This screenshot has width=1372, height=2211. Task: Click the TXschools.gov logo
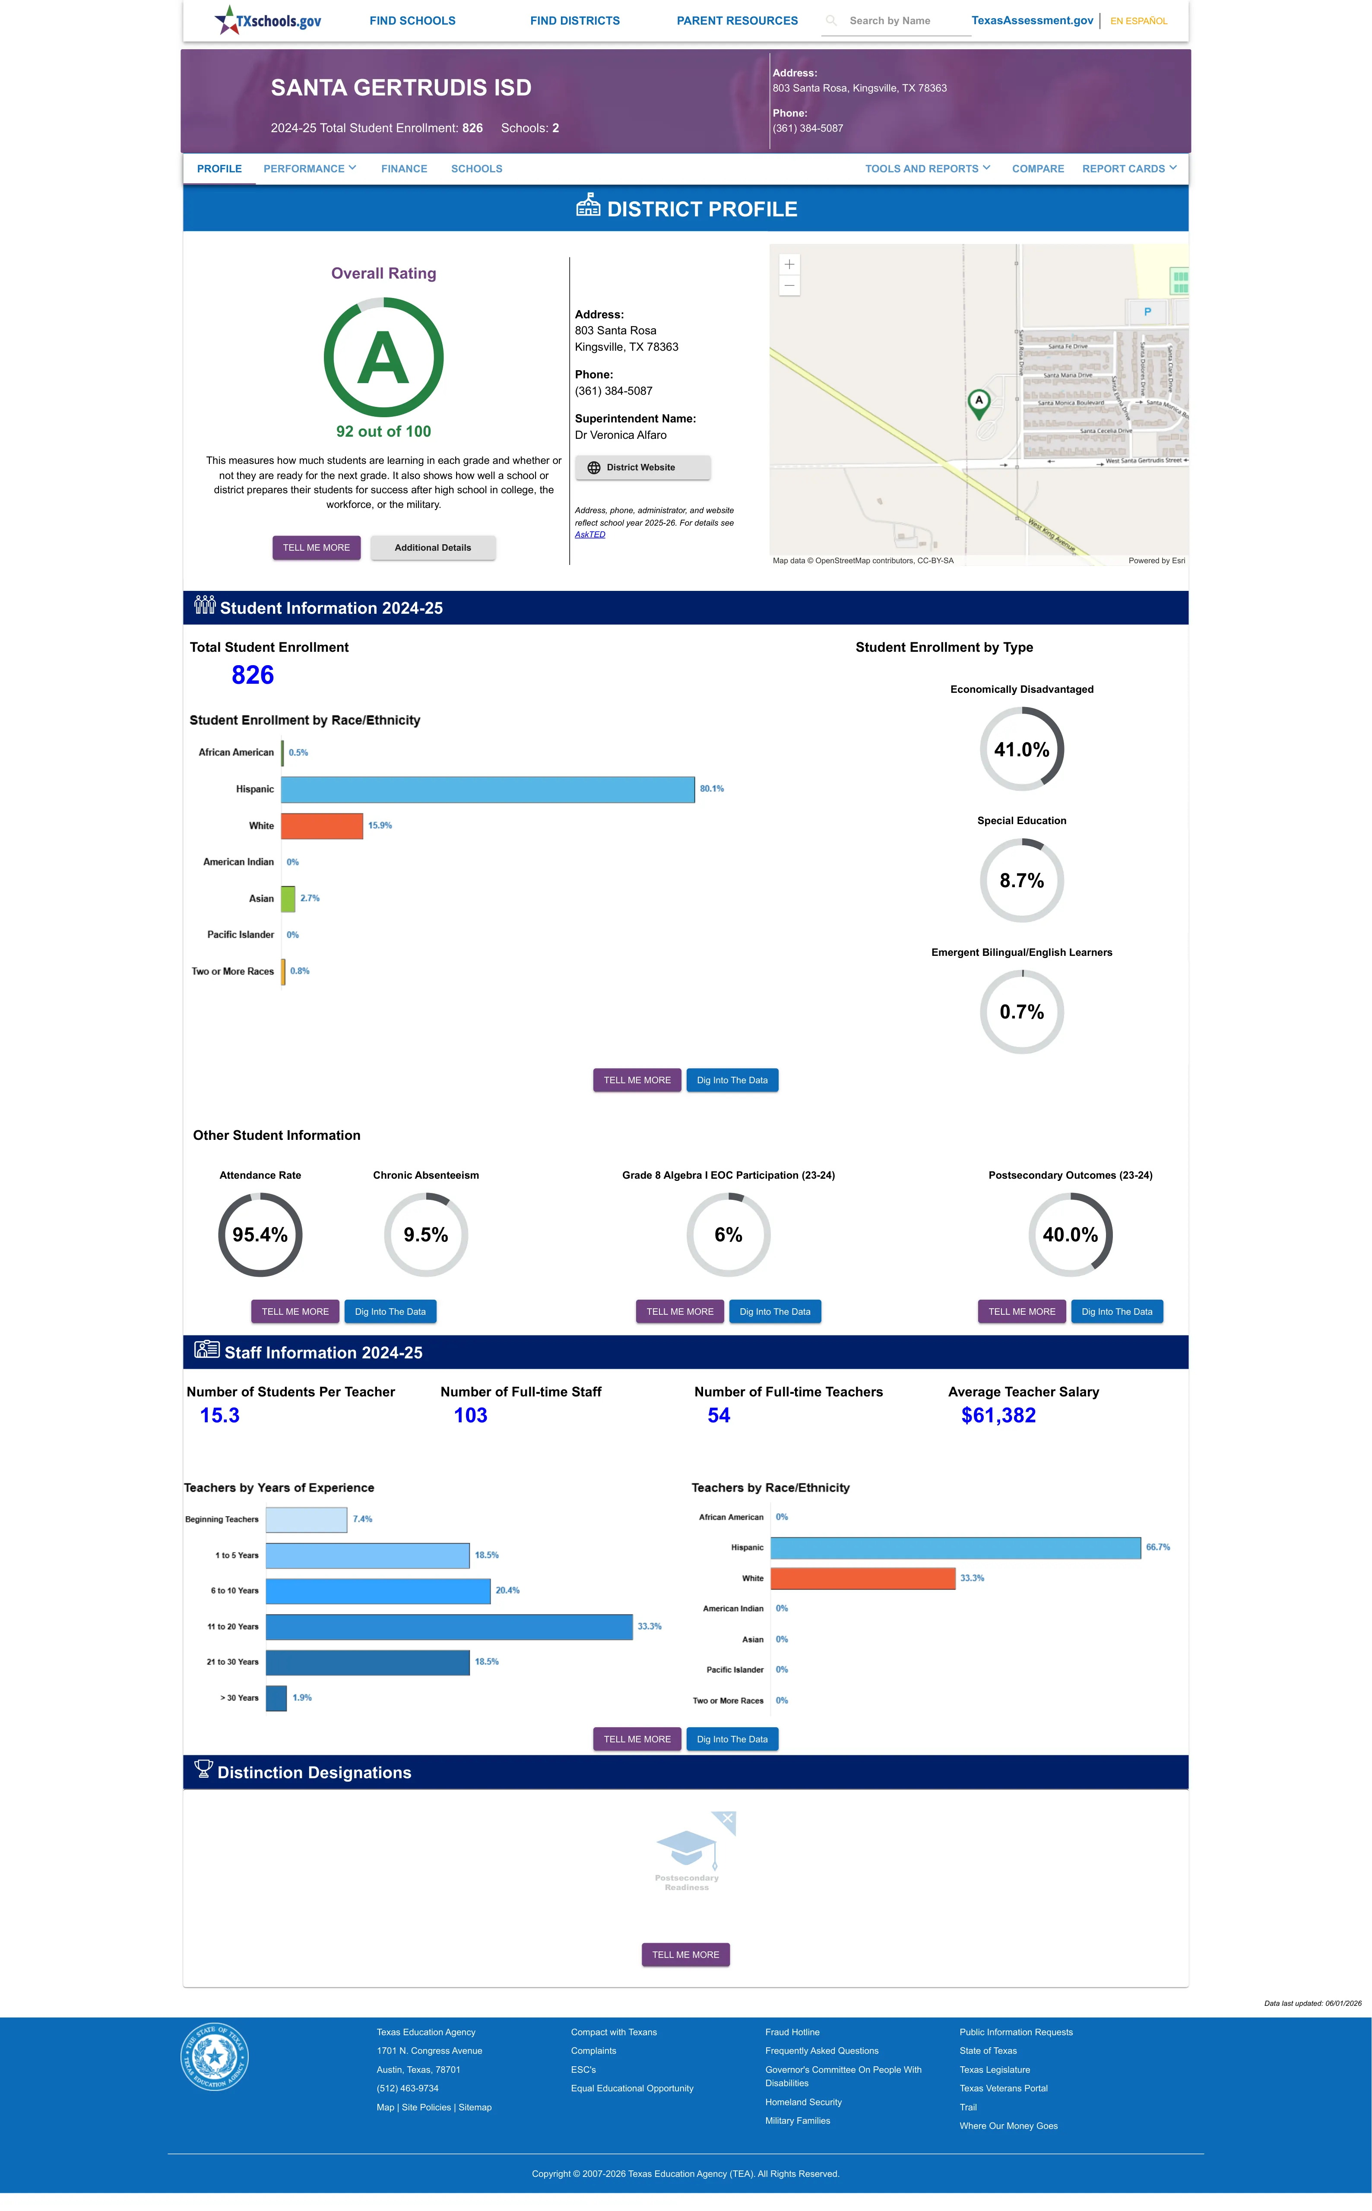point(268,20)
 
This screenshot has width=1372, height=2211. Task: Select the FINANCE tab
point(404,169)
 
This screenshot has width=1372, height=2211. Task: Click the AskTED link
point(590,534)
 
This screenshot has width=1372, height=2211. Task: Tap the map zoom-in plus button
point(789,264)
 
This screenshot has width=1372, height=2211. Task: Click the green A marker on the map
point(978,402)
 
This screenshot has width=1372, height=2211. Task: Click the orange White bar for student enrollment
point(322,825)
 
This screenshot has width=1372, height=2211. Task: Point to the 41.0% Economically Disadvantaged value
point(1022,749)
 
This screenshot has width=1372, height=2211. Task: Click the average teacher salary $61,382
point(998,1415)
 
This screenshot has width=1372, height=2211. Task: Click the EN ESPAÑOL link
point(1139,21)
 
